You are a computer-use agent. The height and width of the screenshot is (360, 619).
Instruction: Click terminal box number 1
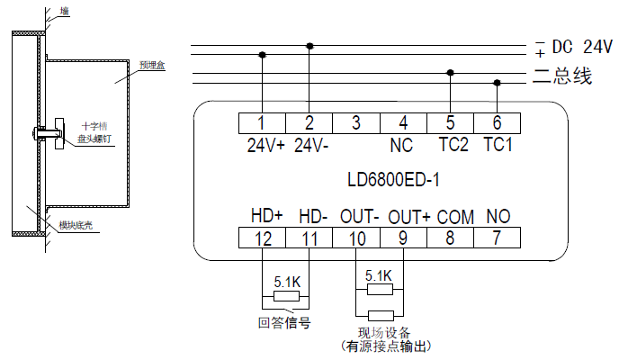262,123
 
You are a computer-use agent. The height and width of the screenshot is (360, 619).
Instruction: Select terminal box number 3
356,123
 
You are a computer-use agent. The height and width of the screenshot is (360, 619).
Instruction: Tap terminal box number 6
498,123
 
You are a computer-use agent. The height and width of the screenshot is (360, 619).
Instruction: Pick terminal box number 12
262,238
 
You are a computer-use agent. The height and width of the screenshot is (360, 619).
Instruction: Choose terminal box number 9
403,238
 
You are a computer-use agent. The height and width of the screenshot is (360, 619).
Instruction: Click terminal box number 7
498,238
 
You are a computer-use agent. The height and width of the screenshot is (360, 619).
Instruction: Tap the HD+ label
266,217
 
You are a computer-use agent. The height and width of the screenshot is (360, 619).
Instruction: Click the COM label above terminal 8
455,217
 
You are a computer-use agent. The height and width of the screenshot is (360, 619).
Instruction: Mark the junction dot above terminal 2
309,45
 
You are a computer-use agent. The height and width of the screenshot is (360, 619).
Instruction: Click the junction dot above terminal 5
451,74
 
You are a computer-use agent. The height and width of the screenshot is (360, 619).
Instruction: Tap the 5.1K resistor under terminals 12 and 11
286,296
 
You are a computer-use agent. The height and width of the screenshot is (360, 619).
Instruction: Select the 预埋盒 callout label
150,66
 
